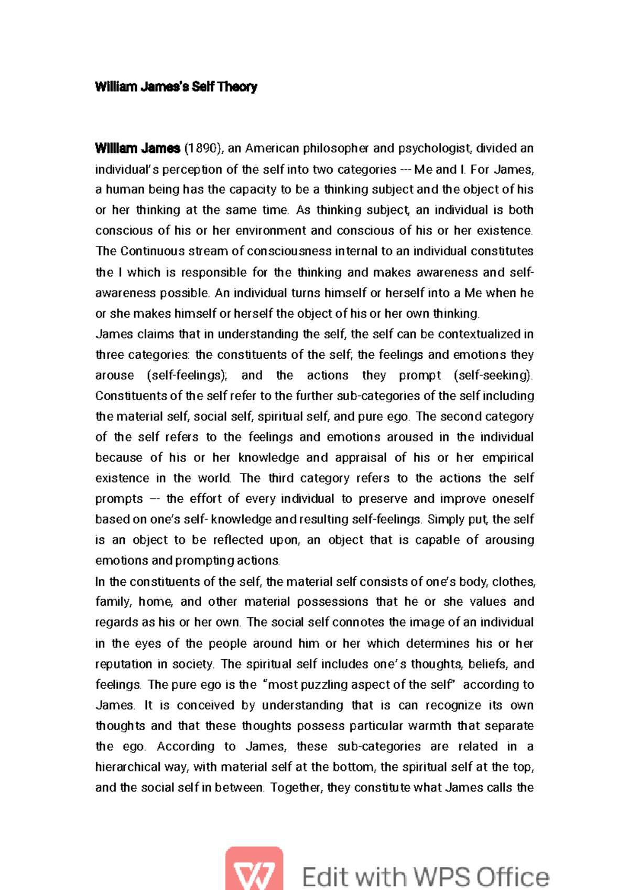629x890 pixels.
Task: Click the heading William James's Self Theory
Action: (176, 87)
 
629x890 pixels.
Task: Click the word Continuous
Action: (151, 251)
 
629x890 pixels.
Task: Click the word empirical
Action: (507, 458)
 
